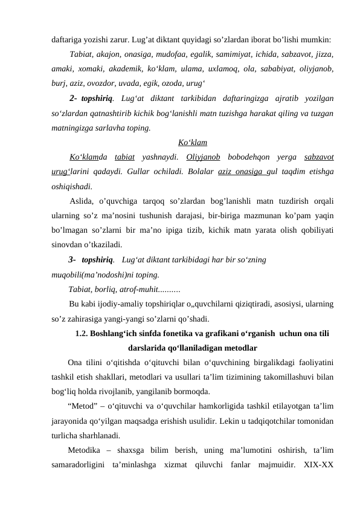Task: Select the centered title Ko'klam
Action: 193,143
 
